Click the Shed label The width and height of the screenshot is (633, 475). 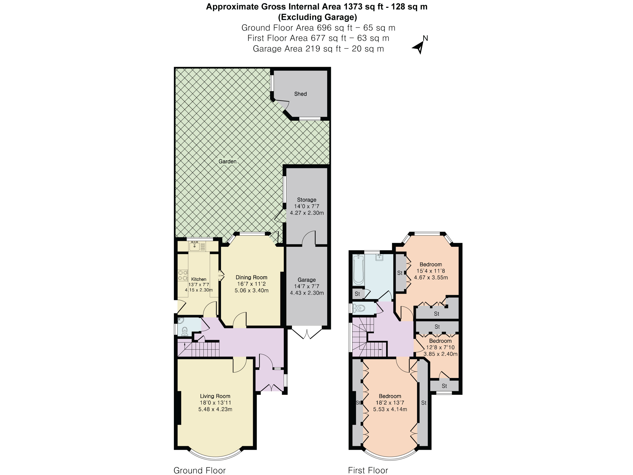(300, 94)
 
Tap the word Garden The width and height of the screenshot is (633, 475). (228, 162)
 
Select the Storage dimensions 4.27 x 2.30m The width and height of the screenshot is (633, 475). (306, 213)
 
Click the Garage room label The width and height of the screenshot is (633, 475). (306, 280)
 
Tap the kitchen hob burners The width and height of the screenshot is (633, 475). (183, 275)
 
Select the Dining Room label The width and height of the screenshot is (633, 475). (251, 277)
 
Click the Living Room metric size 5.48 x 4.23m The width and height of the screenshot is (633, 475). (215, 410)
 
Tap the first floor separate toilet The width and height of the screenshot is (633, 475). (359, 308)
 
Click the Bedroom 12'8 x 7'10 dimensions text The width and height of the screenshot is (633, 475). (440, 347)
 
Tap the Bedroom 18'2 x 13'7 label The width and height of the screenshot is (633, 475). (390, 396)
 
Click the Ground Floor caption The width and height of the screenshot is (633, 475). (200, 470)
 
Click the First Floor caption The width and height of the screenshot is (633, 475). (368, 470)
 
